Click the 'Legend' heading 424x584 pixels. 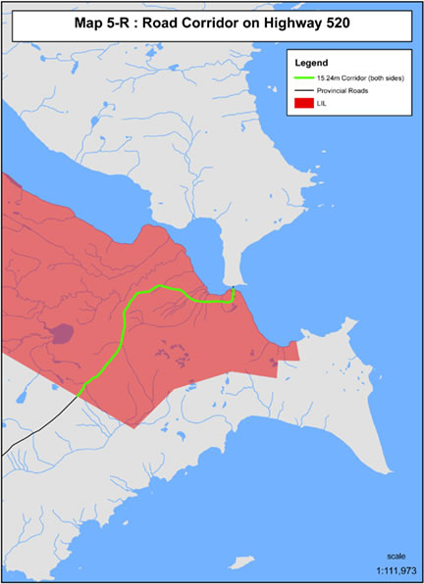(x=311, y=61)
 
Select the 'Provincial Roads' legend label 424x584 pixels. (x=350, y=89)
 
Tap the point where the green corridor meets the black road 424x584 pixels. (x=79, y=395)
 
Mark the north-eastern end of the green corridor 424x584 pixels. (x=234, y=290)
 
